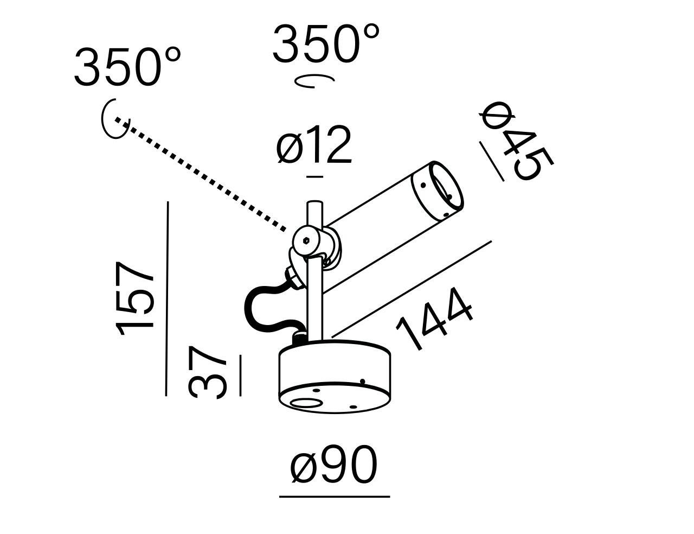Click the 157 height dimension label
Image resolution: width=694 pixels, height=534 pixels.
(135, 298)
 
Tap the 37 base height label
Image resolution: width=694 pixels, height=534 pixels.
(208, 373)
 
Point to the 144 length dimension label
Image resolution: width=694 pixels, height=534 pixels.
(434, 320)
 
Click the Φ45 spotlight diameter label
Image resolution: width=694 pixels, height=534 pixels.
(516, 141)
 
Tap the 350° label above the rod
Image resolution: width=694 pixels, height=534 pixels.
(326, 44)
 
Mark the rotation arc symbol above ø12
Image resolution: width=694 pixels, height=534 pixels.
(314, 81)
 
